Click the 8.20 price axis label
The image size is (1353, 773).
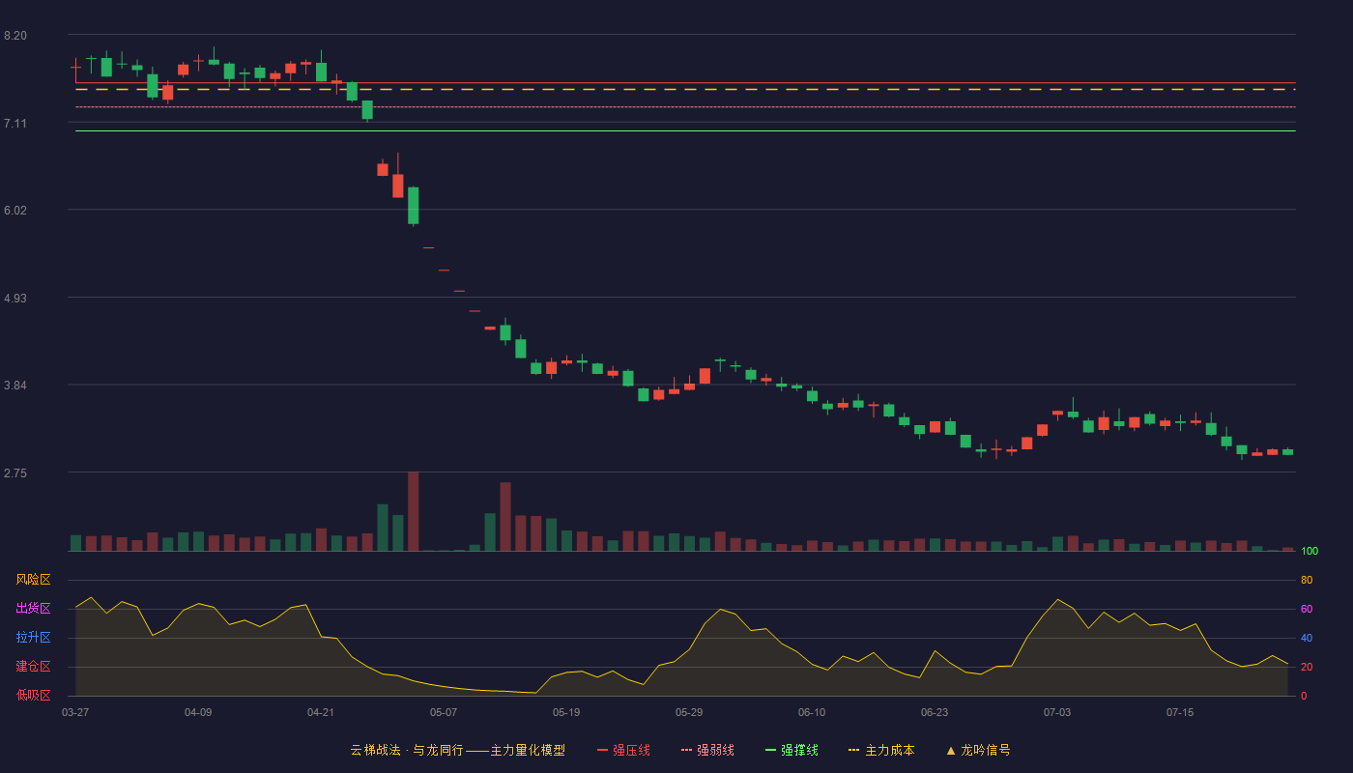pyautogui.click(x=15, y=36)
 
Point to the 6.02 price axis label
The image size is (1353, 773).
pyautogui.click(x=15, y=211)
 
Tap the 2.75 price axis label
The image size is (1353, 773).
pyautogui.click(x=15, y=472)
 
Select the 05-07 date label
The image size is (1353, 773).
pyautogui.click(x=444, y=713)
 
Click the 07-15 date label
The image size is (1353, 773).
pyautogui.click(x=1180, y=713)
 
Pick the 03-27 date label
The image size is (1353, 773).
pyautogui.click(x=75, y=713)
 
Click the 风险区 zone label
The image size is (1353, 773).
pyautogui.click(x=33, y=579)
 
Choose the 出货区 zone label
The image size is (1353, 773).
pyautogui.click(x=33, y=608)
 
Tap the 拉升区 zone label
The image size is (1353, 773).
pyautogui.click(x=33, y=637)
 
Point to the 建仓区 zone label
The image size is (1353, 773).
pyautogui.click(x=33, y=666)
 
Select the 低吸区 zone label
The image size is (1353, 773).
pyautogui.click(x=33, y=695)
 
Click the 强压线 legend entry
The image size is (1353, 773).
pyautogui.click(x=623, y=750)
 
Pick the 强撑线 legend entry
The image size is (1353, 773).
pyautogui.click(x=792, y=750)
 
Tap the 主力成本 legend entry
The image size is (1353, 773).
pyautogui.click(x=881, y=750)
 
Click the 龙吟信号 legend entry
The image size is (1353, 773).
pyautogui.click(x=978, y=750)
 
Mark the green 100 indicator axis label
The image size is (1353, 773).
pyautogui.click(x=1310, y=551)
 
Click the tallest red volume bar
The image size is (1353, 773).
pyautogui.click(x=414, y=511)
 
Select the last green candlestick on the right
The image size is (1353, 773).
pyautogui.click(x=1287, y=451)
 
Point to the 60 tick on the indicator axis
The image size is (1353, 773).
pyautogui.click(x=1307, y=609)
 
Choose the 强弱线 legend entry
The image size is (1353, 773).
pyautogui.click(x=707, y=750)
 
